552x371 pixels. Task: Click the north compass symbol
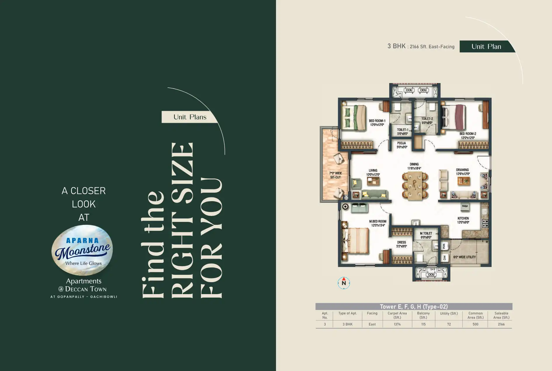coord(344,283)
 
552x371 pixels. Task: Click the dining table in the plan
coord(415,186)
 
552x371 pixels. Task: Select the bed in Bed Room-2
coord(453,117)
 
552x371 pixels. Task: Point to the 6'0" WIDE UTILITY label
coord(464,257)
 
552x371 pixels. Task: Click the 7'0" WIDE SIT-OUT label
coord(336,175)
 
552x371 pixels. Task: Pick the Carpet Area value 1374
coord(397,324)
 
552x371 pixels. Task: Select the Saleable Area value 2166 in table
coord(501,324)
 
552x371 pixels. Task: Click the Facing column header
coord(372,313)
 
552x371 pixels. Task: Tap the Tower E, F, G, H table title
coord(414,306)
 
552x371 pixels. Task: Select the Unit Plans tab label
coord(190,117)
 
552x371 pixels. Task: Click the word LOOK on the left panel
coord(84,204)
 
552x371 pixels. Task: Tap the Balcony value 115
coord(423,324)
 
